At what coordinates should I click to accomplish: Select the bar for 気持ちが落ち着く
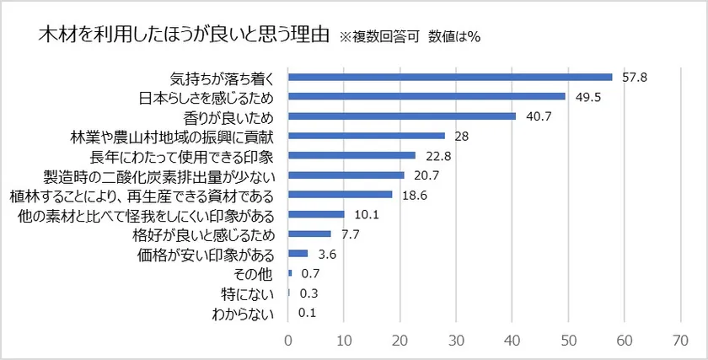(450, 77)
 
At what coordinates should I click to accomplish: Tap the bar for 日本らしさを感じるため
(426, 96)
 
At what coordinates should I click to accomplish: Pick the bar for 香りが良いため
(402, 116)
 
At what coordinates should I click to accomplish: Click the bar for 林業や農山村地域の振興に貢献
(367, 135)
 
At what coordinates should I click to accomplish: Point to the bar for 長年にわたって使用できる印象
(352, 155)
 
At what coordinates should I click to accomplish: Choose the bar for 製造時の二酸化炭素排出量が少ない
(346, 175)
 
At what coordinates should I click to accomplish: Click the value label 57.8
(635, 77)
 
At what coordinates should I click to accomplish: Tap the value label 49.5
(588, 96)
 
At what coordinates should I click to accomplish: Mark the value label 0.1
(307, 312)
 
